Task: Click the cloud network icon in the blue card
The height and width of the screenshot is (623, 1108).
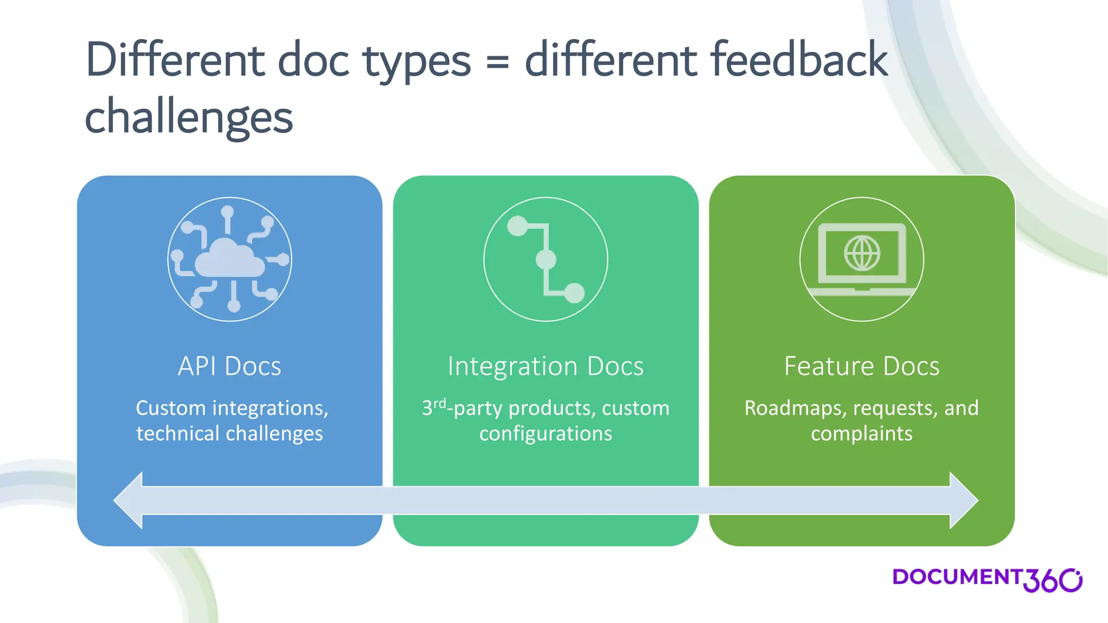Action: click(229, 260)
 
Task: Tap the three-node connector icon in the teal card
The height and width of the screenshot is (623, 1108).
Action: click(545, 260)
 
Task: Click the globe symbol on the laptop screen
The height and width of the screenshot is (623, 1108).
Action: click(862, 253)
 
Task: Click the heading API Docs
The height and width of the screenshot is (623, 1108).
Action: click(229, 366)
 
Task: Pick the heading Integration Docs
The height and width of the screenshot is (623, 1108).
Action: click(545, 366)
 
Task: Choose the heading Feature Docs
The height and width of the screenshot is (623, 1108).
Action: click(862, 366)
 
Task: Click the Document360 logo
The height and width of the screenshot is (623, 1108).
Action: click(986, 579)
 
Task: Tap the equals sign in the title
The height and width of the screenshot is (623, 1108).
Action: click(497, 61)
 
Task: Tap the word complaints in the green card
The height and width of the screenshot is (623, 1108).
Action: click(861, 434)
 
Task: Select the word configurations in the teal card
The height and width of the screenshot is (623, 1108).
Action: click(545, 434)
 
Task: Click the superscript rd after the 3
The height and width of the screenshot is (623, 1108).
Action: click(440, 403)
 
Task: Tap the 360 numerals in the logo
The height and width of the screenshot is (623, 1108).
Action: click(1052, 580)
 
